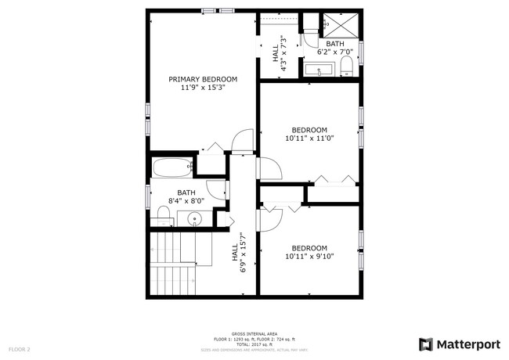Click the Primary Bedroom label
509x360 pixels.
coord(204,79)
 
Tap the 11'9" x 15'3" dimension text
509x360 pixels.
coord(204,88)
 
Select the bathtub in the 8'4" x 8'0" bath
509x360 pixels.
coord(171,167)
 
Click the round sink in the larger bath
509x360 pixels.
coord(195,218)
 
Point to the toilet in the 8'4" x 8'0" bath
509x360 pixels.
coord(164,214)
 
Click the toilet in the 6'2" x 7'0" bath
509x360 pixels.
coord(346,66)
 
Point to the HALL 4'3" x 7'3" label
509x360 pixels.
coord(279,53)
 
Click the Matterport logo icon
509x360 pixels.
coord(426,344)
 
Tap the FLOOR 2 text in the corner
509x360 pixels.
coord(20,348)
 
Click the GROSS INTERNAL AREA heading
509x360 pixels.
coord(254,333)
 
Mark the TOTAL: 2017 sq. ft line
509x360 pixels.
coord(254,344)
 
